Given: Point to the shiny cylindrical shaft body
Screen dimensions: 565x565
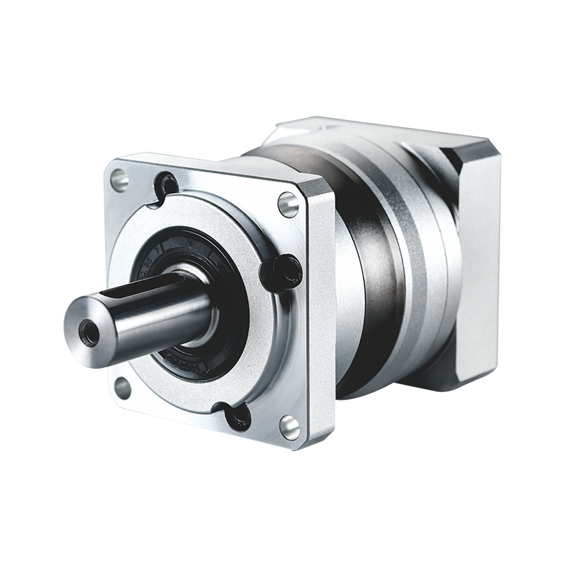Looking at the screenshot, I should click(x=162, y=311).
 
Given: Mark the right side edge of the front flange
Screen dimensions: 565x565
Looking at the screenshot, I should click(x=321, y=318).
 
